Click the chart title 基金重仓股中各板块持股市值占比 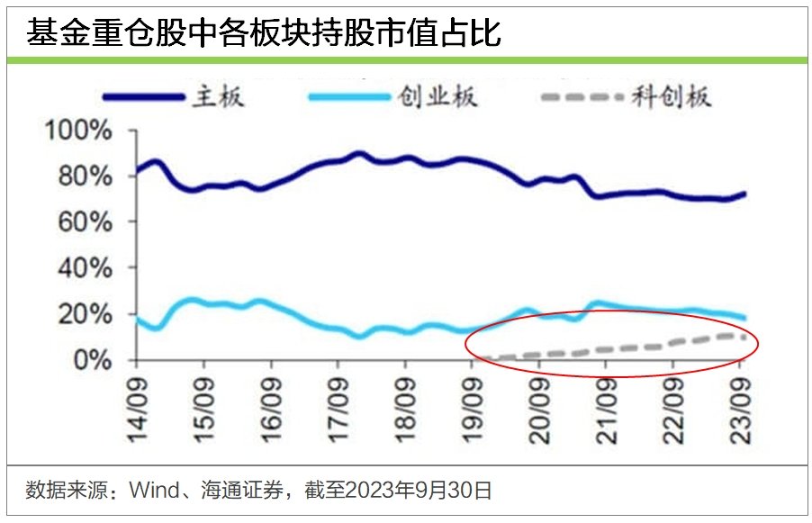pyautogui.click(x=263, y=34)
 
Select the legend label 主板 pyautogui.click(x=217, y=96)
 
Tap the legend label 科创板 pyautogui.click(x=672, y=96)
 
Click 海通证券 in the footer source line pyautogui.click(x=235, y=491)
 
